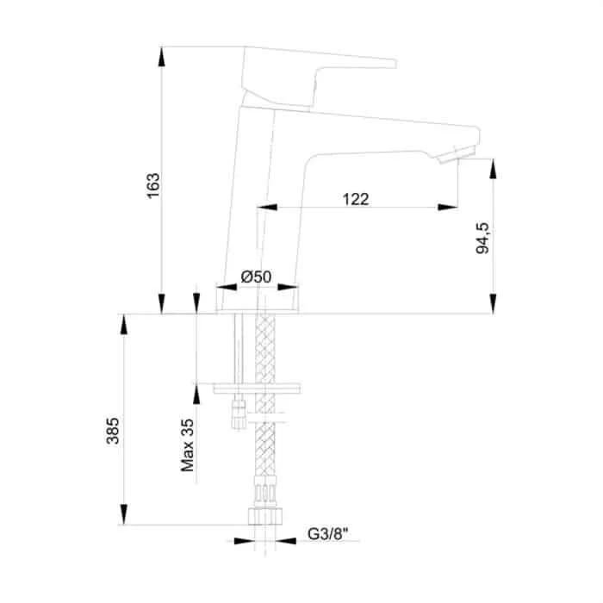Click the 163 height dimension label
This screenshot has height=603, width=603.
(153, 186)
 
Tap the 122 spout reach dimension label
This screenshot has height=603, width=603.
(356, 199)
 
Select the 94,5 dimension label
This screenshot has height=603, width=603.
(482, 238)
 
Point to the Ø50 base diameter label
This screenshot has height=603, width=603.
(256, 277)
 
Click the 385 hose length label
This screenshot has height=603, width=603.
(113, 431)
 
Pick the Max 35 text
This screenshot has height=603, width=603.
(187, 445)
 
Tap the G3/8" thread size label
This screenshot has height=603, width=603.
(328, 534)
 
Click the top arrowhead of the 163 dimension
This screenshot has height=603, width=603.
(162, 57)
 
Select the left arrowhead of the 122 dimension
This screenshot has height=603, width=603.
(267, 208)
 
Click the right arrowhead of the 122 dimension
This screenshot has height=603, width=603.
(448, 208)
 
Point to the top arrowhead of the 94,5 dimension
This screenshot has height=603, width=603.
(493, 169)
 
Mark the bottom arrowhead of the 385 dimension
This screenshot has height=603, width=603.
(123, 514)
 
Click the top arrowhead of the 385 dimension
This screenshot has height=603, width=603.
(123, 324)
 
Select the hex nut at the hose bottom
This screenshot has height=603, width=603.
(265, 516)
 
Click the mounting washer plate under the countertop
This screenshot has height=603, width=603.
(257, 388)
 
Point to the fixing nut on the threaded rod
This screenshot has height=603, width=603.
(239, 414)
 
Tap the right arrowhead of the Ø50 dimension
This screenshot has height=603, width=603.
(288, 287)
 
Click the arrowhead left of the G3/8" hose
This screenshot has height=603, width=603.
(244, 541)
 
